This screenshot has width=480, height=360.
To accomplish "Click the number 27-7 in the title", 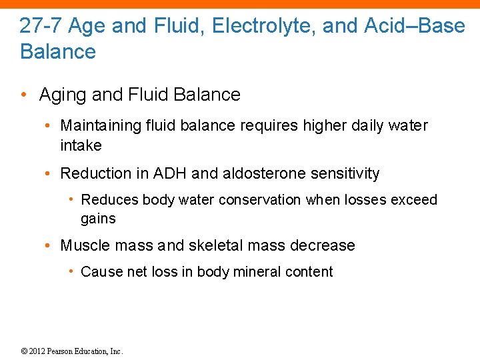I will pyautogui.click(x=41, y=26).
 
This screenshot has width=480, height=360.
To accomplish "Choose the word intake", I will pyautogui.click(x=81, y=145).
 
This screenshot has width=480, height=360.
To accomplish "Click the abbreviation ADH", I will pyautogui.click(x=170, y=174).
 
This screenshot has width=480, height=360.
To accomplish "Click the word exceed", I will pyautogui.click(x=415, y=200).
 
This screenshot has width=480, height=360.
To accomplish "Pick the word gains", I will pyautogui.click(x=98, y=219).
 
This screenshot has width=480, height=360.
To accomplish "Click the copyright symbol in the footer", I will pyautogui.click(x=24, y=351).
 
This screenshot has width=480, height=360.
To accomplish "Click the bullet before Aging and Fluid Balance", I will pyautogui.click(x=24, y=95).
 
